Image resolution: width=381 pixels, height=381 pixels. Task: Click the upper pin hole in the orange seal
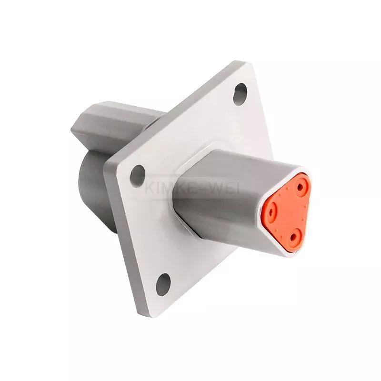[x=301, y=187]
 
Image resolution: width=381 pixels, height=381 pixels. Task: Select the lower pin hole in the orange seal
[x=294, y=236]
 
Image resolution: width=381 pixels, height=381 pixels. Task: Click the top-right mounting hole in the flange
[x=240, y=94]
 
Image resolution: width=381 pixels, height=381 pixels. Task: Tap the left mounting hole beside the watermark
[x=138, y=176]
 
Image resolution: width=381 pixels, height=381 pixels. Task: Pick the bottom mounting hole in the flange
[x=163, y=284]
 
